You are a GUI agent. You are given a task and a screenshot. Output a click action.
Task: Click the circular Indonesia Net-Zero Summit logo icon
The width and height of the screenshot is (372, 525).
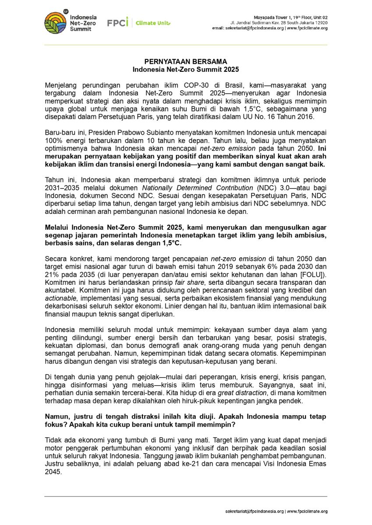(56, 22)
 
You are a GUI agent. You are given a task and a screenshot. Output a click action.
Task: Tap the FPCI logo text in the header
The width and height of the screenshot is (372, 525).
(117, 23)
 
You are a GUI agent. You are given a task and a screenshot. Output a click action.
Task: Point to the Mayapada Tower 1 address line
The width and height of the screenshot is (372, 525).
(291, 17)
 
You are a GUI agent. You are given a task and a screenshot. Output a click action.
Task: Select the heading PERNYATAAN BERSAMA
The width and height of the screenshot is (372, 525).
(186, 62)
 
